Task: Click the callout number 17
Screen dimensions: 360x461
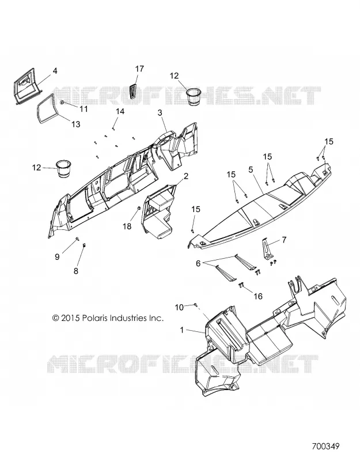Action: pos(139,69)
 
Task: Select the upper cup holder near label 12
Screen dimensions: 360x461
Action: pos(194,96)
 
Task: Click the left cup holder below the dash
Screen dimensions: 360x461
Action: pos(64,169)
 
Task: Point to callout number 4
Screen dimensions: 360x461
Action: pos(55,70)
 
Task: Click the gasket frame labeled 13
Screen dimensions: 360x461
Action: pos(46,108)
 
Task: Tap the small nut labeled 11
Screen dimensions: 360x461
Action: pos(62,103)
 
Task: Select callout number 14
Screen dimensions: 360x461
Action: pos(120,111)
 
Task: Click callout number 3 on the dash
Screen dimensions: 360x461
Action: pos(160,112)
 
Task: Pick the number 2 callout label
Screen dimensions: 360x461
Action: pos(185,176)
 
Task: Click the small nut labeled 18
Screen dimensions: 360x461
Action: pos(139,209)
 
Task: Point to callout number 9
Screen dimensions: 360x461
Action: pos(57,256)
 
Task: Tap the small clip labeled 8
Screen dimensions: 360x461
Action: pos(84,244)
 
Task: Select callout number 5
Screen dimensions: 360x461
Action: pos(251,169)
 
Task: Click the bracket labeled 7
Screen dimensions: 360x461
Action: pos(266,249)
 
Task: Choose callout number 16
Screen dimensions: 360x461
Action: pos(257,296)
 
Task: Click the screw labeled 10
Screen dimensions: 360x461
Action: pos(195,305)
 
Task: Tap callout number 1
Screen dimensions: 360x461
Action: pos(182,330)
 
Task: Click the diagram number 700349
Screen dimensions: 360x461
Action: pos(325,446)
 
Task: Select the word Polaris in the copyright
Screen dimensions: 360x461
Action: pos(95,318)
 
